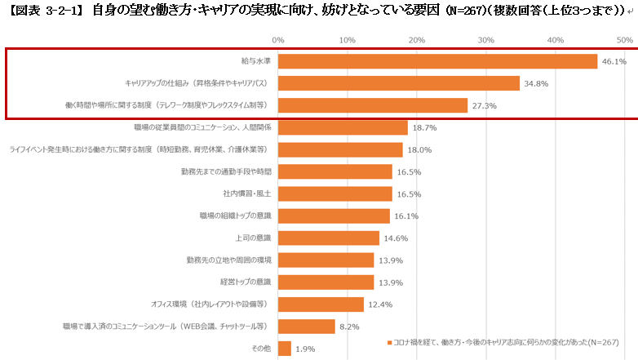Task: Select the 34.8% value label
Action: click(x=535, y=83)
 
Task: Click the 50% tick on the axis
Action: click(x=625, y=39)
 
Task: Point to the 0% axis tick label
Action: click(x=278, y=39)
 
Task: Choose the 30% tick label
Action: click(x=486, y=39)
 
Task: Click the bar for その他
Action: click(x=285, y=349)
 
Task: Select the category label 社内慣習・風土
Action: click(x=247, y=193)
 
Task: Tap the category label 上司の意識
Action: click(x=253, y=238)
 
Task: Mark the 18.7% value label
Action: click(x=423, y=127)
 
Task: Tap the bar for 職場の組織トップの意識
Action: click(x=334, y=216)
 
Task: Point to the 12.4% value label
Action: click(x=379, y=304)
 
